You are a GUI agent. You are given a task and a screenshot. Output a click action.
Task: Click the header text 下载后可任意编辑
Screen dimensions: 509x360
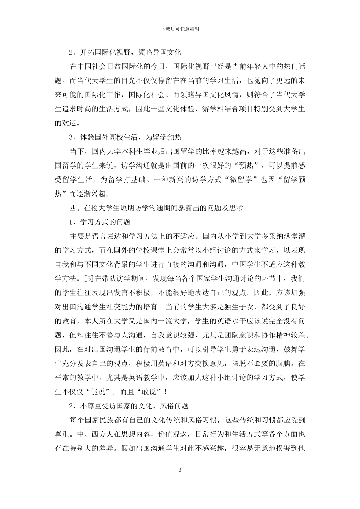pyautogui.click(x=180, y=29)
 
